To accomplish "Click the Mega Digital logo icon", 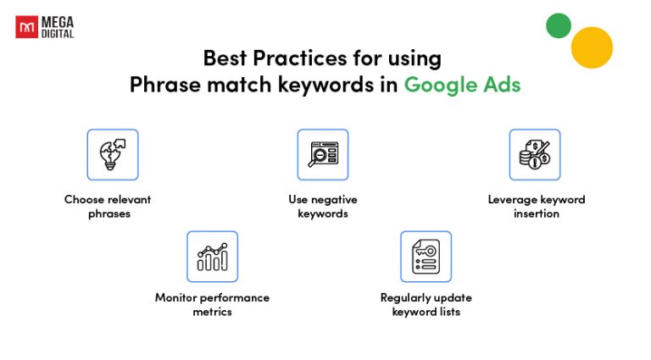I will point(26,27).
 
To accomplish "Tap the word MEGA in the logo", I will point(58,22).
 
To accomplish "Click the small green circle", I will point(558,25).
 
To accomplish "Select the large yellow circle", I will point(592,47).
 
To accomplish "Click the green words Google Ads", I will point(462,85).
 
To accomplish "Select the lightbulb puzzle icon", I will point(112,154).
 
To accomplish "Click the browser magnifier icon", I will point(322,154).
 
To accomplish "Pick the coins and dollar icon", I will point(534,154).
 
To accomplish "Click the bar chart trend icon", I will point(212,256).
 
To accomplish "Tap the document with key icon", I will point(426,256).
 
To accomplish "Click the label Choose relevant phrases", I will point(108,207).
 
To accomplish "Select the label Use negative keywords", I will point(322,207).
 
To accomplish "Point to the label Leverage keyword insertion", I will point(536,207).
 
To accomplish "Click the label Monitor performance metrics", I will point(212,304).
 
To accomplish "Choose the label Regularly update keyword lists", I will point(426,304).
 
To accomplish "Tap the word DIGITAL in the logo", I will point(58,33).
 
